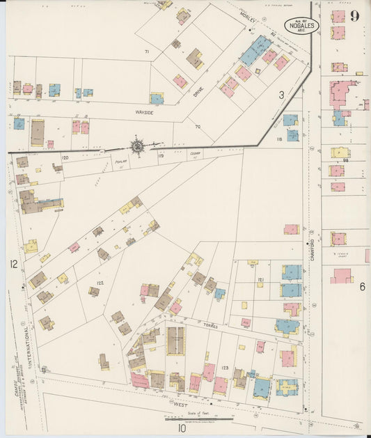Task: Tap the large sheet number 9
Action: (x=354, y=16)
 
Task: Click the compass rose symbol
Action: (x=137, y=146)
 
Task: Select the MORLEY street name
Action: (x=249, y=18)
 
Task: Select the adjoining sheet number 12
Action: (x=13, y=264)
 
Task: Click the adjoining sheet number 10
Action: (x=182, y=428)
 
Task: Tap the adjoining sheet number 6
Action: (x=362, y=286)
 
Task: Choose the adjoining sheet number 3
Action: (x=282, y=94)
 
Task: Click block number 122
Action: (x=100, y=283)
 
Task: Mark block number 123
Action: (x=225, y=366)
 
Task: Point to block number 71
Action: (x=147, y=52)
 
